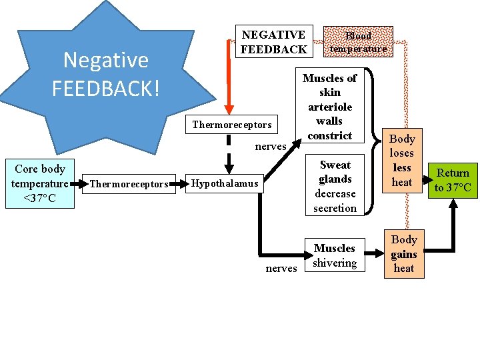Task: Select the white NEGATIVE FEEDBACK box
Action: [x=273, y=42]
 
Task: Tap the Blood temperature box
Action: [x=358, y=42]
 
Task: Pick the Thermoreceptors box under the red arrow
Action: [x=231, y=124]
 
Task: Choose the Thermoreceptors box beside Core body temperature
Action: [x=129, y=183]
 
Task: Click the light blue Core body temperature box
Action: [x=40, y=183]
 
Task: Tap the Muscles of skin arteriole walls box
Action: [x=329, y=107]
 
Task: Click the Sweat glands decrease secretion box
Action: [x=335, y=187]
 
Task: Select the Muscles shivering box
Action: [x=335, y=255]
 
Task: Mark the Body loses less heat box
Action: [x=402, y=161]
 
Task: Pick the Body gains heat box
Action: [x=403, y=254]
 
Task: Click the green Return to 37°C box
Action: [x=453, y=180]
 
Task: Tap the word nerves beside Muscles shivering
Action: [x=281, y=269]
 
